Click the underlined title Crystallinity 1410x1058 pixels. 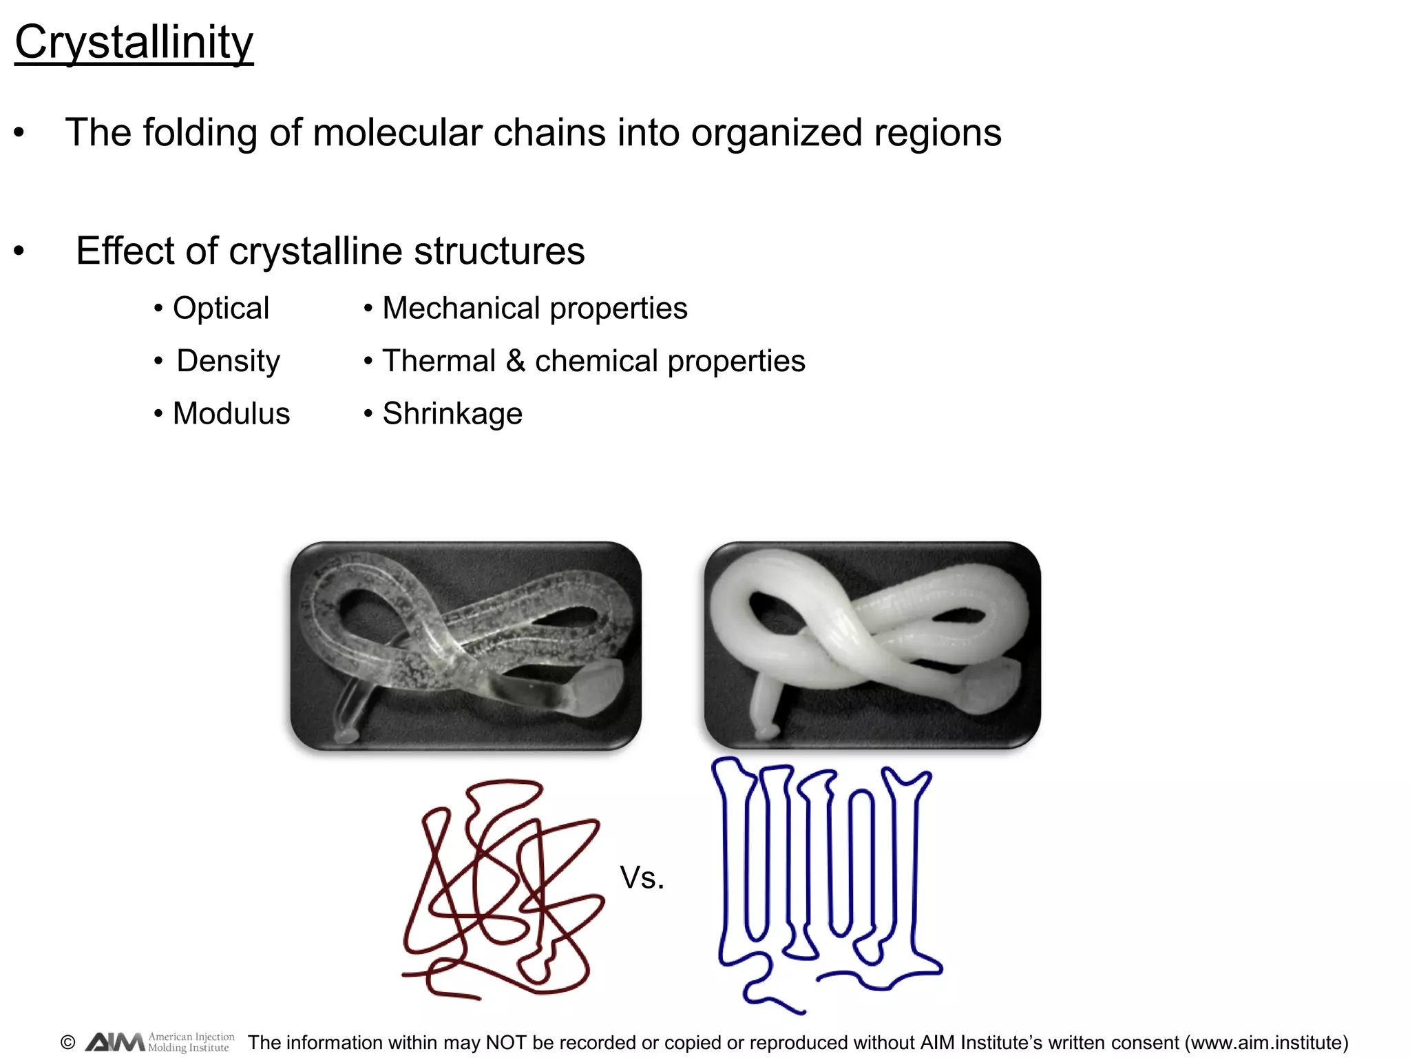134,43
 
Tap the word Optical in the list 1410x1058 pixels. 220,308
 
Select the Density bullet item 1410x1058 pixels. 228,361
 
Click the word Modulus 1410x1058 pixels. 231,413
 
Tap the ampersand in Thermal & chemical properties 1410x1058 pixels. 515,361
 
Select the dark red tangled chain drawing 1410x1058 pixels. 503,889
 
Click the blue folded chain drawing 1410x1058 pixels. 826,882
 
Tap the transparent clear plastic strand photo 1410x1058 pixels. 466,645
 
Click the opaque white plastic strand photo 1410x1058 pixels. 872,645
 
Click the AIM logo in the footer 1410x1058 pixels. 115,1042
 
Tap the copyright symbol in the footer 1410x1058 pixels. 67,1042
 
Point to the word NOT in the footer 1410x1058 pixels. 507,1042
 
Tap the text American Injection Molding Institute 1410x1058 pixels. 191,1042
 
